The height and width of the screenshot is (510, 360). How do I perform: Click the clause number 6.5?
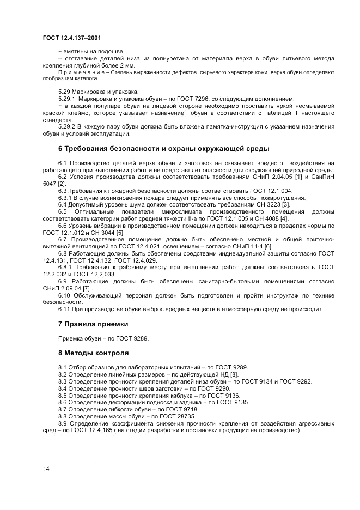[62, 211]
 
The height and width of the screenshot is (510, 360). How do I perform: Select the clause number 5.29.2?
[66, 126]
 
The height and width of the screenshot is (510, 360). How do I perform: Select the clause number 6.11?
[64, 309]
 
